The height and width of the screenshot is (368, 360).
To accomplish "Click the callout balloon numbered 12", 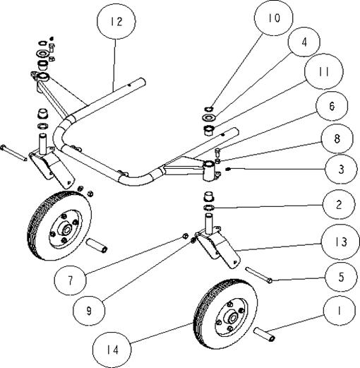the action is (x=116, y=22).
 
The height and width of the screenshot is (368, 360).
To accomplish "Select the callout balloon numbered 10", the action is (x=274, y=18).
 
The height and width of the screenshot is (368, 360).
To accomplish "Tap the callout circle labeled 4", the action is (x=304, y=42).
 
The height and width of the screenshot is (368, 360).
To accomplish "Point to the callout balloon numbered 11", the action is (x=324, y=72).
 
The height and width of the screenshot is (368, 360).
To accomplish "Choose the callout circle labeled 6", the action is (x=332, y=106).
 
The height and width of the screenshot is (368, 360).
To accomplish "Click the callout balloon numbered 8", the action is (x=337, y=139).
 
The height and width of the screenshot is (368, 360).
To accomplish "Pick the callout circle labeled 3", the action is (x=341, y=170).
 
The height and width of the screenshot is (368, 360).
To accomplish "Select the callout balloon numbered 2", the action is (x=339, y=204).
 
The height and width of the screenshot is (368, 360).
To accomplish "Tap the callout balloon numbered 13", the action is (x=341, y=242).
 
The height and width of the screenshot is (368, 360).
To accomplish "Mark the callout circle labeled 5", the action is (x=341, y=277).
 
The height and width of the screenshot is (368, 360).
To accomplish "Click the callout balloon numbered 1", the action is (x=340, y=311).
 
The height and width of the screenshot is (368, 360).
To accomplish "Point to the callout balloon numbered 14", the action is (x=112, y=350).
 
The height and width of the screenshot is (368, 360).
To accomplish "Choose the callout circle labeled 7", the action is (x=71, y=280).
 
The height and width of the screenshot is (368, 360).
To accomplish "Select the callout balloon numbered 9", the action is (x=89, y=311).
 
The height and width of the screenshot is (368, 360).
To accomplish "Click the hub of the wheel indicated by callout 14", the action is (x=233, y=318).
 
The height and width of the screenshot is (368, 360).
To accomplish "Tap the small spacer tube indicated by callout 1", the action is (x=264, y=335).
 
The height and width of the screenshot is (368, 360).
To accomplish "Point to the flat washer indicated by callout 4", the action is (x=208, y=117).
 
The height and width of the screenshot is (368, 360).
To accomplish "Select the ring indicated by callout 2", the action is (x=208, y=208).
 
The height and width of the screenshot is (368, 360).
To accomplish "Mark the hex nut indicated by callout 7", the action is (x=185, y=235).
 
